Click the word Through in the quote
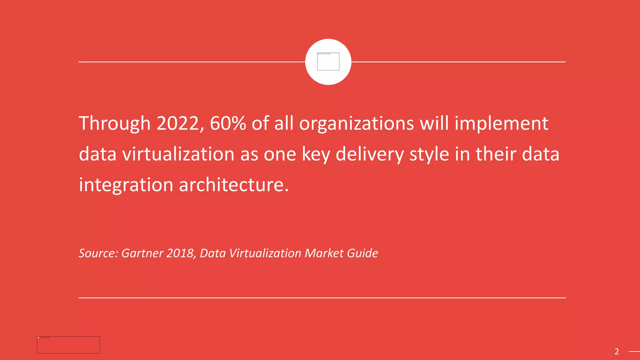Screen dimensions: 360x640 [x=114, y=124]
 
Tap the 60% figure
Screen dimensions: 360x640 [x=228, y=123]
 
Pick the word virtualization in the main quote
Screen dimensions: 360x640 [x=178, y=154]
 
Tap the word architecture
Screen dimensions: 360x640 [x=234, y=185]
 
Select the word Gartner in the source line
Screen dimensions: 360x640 [x=142, y=253]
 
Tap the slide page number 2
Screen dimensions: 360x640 [x=617, y=352]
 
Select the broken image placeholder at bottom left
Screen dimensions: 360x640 [x=68, y=345]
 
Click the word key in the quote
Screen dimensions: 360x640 [x=316, y=155]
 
